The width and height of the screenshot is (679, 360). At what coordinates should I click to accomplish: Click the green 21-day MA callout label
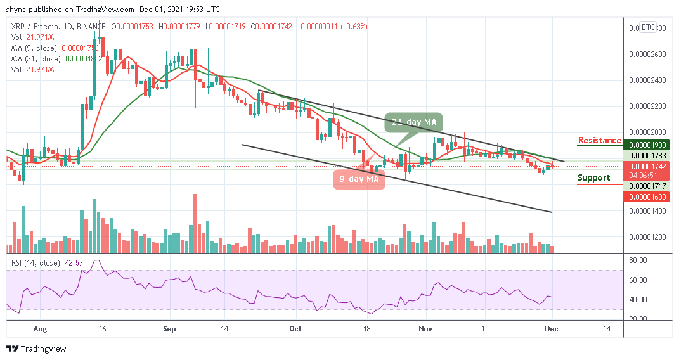click(x=412, y=122)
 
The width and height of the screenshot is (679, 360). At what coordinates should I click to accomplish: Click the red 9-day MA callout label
click(x=359, y=179)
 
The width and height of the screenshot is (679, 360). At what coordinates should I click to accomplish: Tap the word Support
click(x=593, y=178)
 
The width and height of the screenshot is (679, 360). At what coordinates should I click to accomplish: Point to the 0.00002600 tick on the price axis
click(x=647, y=55)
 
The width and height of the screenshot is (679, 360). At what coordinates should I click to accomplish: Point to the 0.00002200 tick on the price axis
click(x=647, y=106)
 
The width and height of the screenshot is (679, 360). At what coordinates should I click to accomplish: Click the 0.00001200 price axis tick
click(x=647, y=237)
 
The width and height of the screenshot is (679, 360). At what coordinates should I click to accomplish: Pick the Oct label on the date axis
click(x=294, y=330)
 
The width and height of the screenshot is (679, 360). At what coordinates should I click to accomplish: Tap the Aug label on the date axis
click(x=39, y=330)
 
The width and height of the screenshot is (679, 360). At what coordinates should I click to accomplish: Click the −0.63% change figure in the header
click(x=354, y=27)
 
